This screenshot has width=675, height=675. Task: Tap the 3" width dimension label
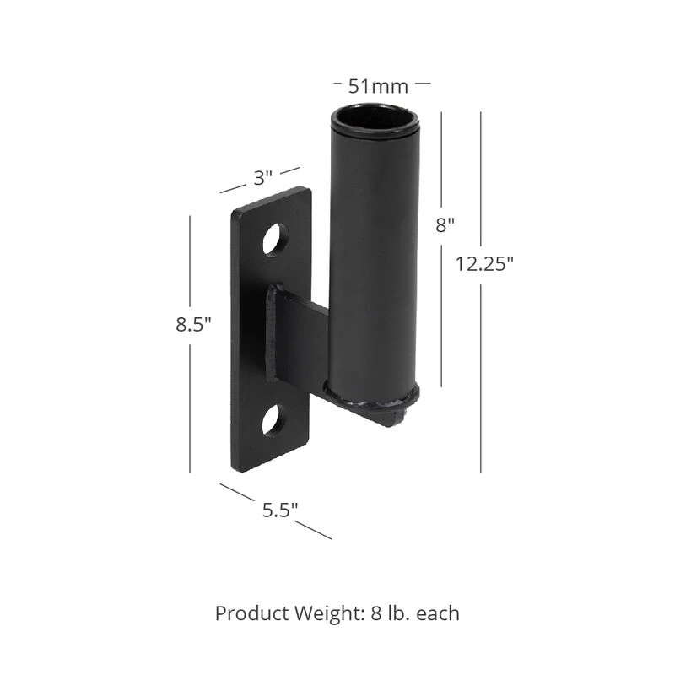pyautogui.click(x=263, y=178)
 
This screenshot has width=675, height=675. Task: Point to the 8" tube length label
pyautogui.click(x=445, y=224)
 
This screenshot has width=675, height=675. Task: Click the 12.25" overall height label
pyautogui.click(x=484, y=263)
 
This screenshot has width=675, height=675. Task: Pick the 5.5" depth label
pyautogui.click(x=279, y=510)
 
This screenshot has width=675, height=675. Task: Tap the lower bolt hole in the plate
pyautogui.click(x=273, y=419)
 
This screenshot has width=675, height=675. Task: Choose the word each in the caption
pyautogui.click(x=439, y=613)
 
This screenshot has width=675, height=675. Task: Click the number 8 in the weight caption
pyautogui.click(x=375, y=613)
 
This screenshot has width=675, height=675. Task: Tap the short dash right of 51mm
pyautogui.click(x=424, y=84)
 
